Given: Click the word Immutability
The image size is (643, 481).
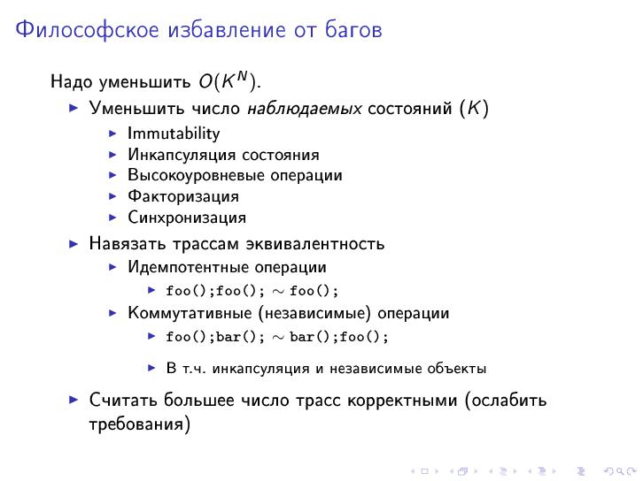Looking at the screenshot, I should point(174,134).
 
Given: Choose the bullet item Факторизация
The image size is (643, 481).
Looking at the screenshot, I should point(183,196).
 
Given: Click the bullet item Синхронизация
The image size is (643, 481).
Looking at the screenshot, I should point(187,218).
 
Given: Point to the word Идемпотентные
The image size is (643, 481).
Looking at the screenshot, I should point(189,267).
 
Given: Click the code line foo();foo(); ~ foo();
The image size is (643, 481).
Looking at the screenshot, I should point(252,290).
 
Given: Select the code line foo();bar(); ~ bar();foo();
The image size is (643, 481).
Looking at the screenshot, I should point(277,337).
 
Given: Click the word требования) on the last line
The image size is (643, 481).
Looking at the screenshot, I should point(140,424).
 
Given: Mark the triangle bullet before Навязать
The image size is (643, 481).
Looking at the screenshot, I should point(74,243).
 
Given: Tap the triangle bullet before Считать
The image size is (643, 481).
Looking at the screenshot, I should point(74,400).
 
